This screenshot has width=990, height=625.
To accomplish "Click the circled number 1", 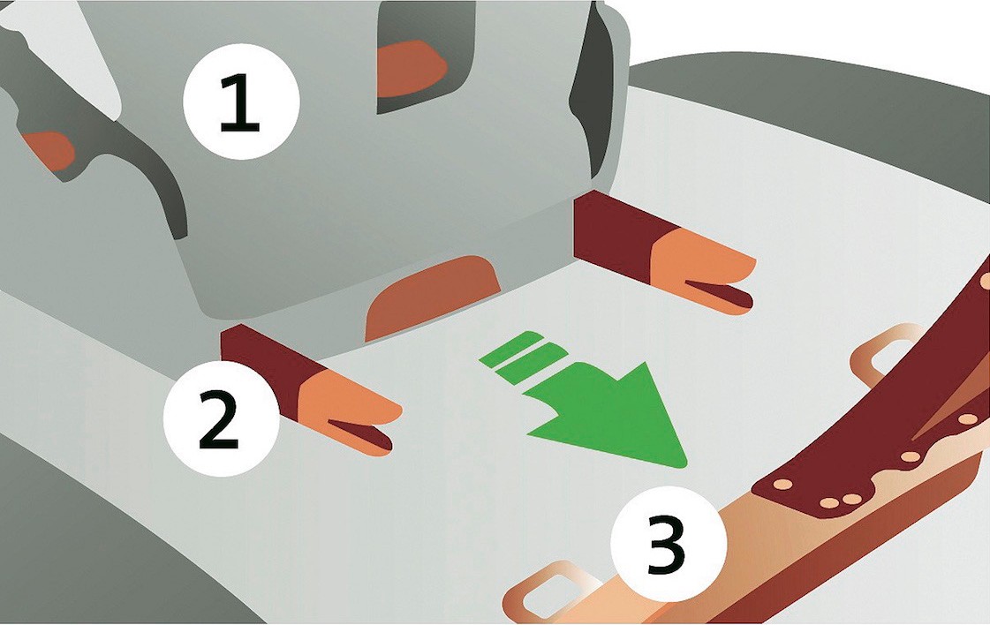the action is point(240,101).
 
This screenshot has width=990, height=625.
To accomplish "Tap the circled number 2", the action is point(221,418).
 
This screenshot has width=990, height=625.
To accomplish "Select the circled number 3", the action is point(668,544).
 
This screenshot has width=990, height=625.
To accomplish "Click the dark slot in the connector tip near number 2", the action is point(361,434).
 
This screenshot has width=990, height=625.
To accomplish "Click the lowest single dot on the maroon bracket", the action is point(782,485).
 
